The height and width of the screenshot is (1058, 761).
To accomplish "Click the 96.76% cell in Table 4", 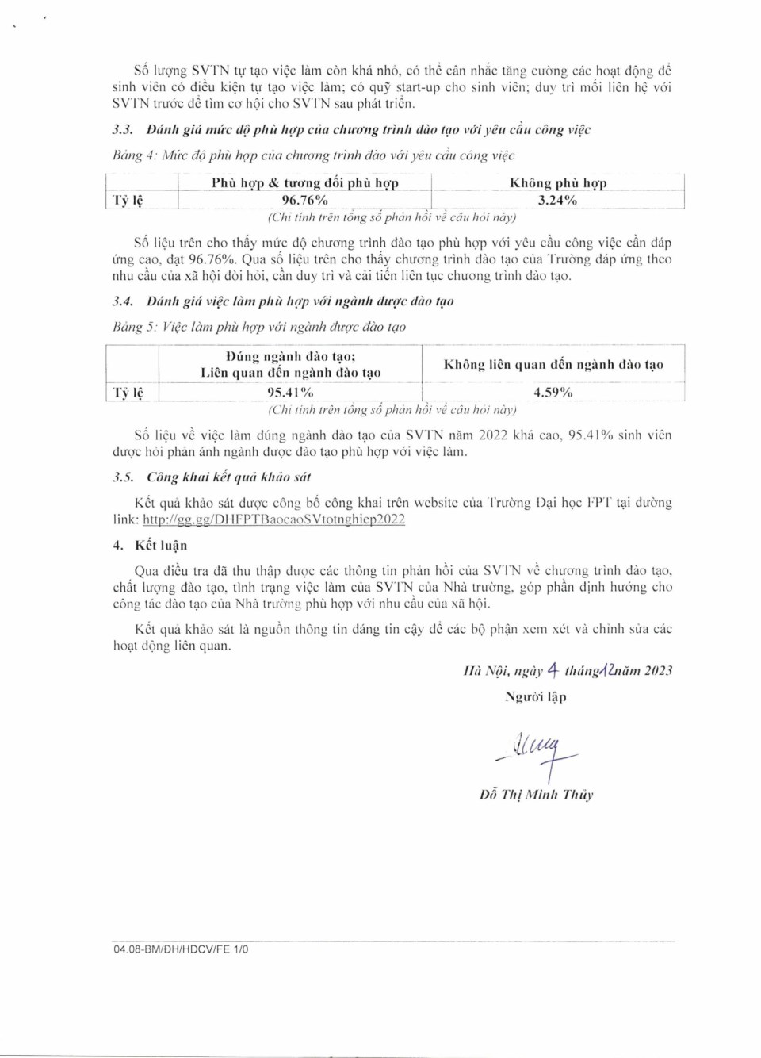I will pos(304,201).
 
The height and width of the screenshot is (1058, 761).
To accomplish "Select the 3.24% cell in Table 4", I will pos(557,201).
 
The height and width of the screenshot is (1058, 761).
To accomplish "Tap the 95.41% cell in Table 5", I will pos(290,393).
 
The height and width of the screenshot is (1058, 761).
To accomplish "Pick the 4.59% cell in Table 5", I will pos(553,393).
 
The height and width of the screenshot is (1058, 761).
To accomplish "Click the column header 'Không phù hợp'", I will pos(557,183).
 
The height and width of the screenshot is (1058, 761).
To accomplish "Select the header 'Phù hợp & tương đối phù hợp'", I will pos(304,183).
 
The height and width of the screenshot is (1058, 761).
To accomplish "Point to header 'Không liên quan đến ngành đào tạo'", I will pos(553,365).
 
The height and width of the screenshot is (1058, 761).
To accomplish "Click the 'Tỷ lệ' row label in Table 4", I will pos(128,201).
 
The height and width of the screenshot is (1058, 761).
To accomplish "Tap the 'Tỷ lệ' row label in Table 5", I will pos(128,393).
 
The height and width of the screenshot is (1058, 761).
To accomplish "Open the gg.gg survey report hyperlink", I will pos(273,519).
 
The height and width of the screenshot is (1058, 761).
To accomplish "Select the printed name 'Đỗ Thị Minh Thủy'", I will pos(536,795).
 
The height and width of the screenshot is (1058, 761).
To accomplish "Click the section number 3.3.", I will pos(122,129).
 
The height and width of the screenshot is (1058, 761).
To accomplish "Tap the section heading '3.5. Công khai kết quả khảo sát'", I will pos(212,477).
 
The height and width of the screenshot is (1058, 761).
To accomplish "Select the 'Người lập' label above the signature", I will pos(536,697).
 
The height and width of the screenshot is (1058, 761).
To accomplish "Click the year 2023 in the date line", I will pos(658,671).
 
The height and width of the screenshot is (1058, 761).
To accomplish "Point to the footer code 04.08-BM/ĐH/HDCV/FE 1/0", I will pos(181,949).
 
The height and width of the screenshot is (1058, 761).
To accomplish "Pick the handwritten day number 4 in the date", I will pos(553,670).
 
